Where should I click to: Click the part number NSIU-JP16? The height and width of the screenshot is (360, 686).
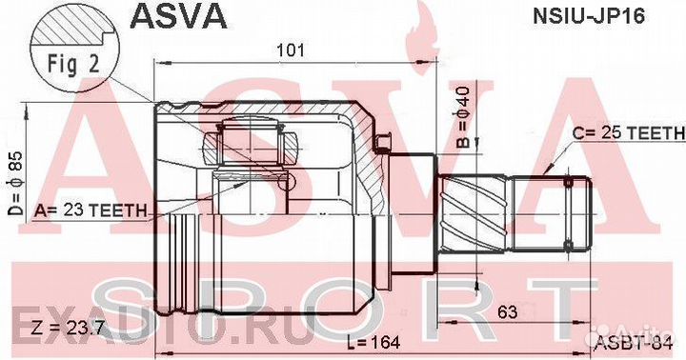point(588,16)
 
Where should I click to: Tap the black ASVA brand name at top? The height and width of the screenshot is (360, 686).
point(179,16)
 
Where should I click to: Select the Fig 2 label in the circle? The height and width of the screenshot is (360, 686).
point(73,64)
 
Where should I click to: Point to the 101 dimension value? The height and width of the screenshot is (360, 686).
point(291,50)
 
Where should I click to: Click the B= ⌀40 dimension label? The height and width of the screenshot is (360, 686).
point(463,117)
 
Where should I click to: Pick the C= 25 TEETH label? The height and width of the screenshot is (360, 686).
point(628,133)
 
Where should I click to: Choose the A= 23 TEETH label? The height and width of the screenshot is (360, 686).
point(91,210)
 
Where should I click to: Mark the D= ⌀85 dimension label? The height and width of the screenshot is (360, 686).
point(17,183)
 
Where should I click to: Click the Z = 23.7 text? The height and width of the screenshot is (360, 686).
point(68,327)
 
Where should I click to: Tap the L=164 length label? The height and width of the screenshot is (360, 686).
point(373,343)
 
